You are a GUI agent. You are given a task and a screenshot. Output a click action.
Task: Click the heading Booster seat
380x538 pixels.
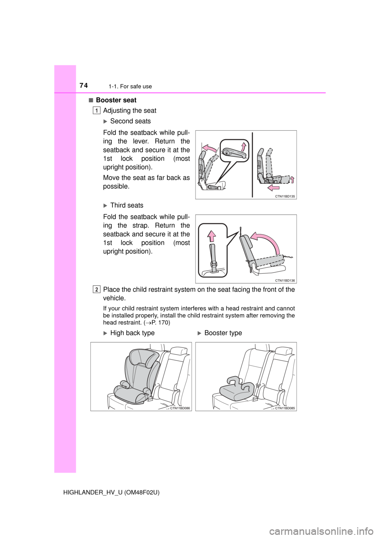(x=116, y=100)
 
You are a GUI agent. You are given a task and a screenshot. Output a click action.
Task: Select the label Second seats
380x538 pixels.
(x=131, y=121)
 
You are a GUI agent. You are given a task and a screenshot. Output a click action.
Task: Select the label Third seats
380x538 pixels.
(x=127, y=205)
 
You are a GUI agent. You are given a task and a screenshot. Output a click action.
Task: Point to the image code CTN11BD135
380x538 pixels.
(x=285, y=196)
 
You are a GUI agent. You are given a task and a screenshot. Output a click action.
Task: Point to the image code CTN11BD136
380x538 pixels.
(x=285, y=280)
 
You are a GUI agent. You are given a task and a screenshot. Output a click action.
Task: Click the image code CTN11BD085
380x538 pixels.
(x=285, y=408)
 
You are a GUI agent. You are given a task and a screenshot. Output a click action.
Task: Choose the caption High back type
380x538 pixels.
(x=133, y=333)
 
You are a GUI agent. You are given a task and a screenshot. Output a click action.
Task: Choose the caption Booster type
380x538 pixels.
(x=223, y=333)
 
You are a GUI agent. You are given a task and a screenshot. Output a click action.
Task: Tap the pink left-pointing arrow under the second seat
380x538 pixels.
(x=274, y=187)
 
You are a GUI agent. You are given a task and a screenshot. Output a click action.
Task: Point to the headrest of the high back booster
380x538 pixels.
(x=142, y=358)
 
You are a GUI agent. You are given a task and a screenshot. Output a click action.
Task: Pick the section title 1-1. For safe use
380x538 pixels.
(x=130, y=86)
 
